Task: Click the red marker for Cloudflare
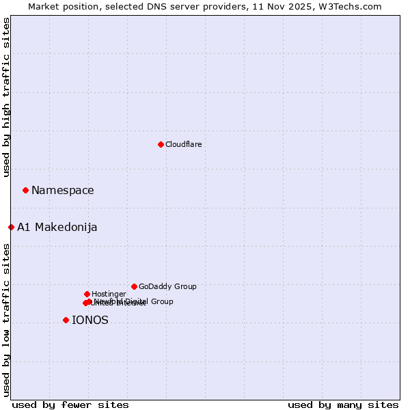(161, 144)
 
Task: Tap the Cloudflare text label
(183, 144)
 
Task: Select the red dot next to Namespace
(25, 190)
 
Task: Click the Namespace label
(62, 190)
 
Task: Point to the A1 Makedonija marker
(11, 227)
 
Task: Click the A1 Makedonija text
(57, 227)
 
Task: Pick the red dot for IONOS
(66, 320)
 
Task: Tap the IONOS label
(90, 320)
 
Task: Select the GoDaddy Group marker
(134, 286)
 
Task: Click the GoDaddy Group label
(167, 286)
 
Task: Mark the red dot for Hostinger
(87, 294)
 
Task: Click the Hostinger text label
(109, 294)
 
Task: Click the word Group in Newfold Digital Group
(161, 301)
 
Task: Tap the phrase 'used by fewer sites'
(70, 405)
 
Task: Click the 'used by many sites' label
(343, 405)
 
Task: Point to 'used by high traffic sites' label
(6, 98)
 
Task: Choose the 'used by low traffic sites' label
(6, 320)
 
